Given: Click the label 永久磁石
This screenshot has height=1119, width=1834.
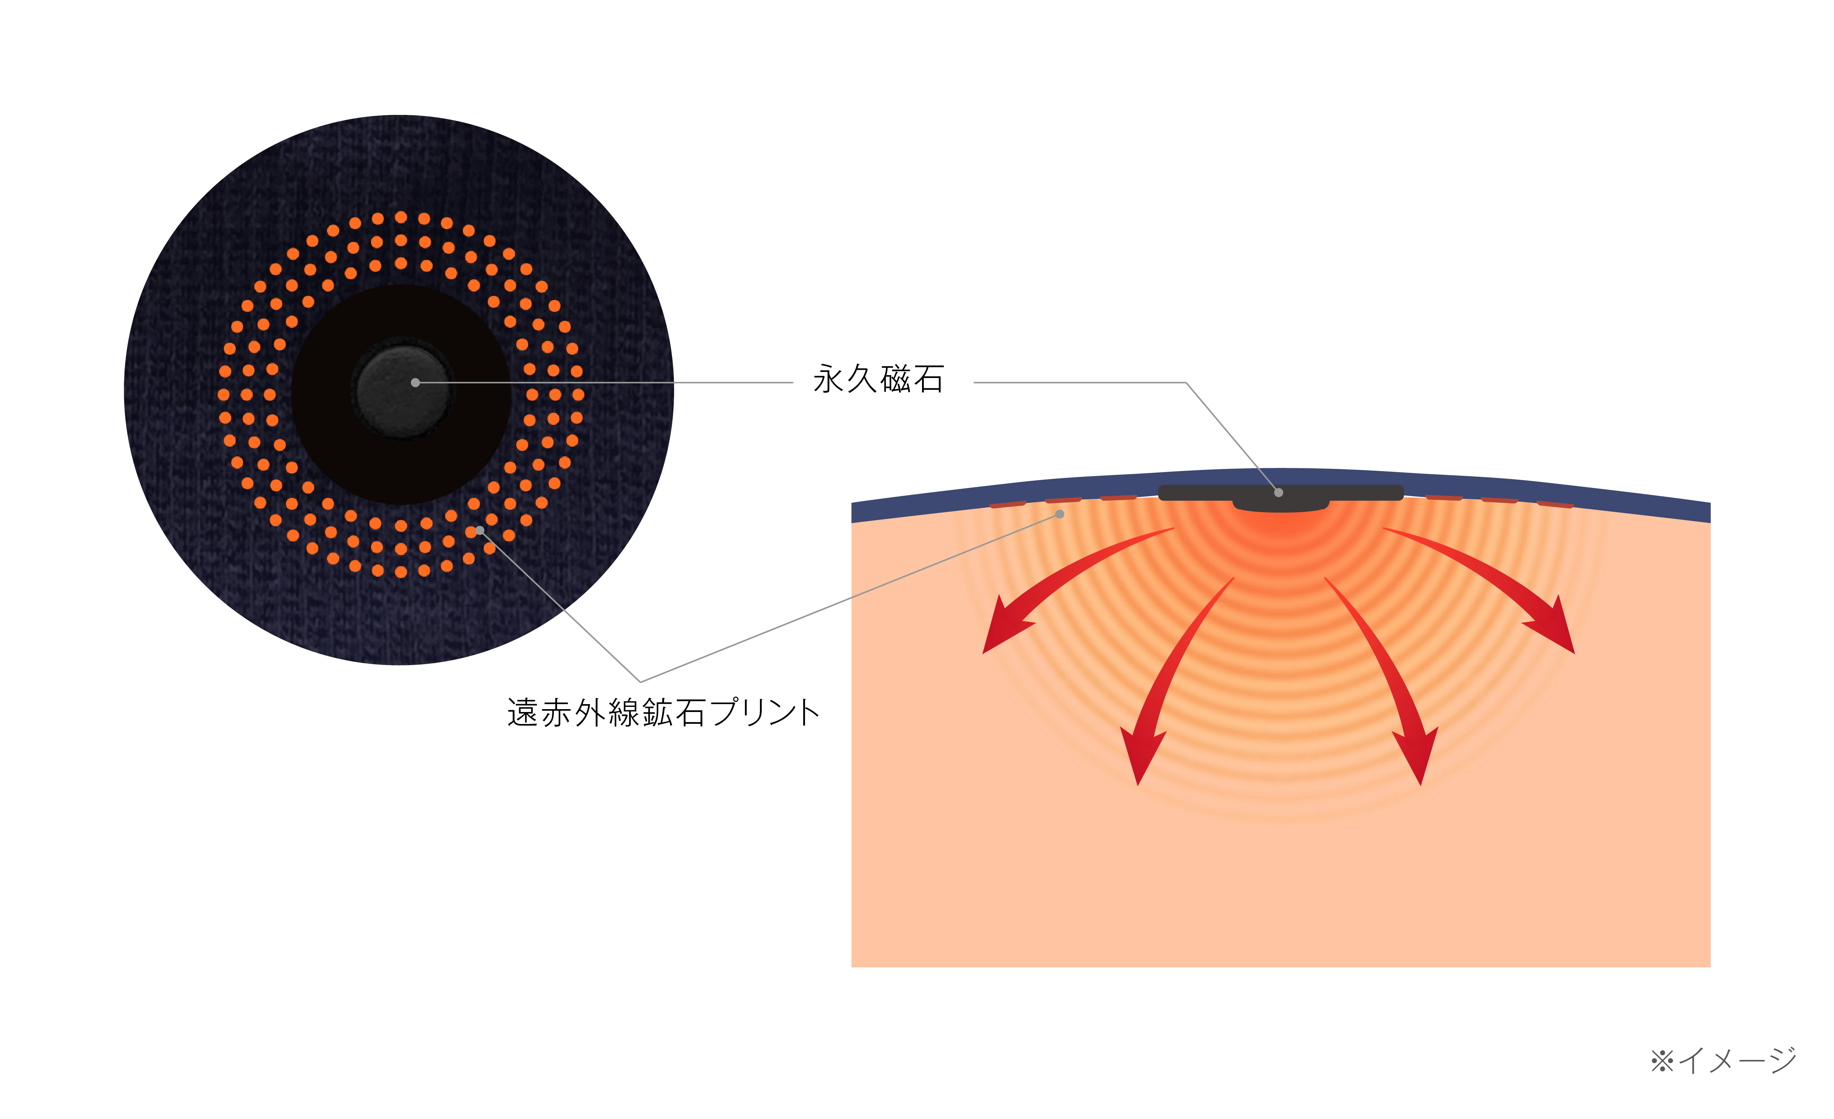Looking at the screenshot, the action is point(878,379).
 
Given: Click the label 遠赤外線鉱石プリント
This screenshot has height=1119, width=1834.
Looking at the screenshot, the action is point(663,712).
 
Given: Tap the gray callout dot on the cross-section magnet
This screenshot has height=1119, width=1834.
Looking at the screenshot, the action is point(1279,492).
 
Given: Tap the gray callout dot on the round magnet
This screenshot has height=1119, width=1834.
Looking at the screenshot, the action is point(415,383).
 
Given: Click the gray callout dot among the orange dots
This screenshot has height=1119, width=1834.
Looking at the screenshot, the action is point(480,530).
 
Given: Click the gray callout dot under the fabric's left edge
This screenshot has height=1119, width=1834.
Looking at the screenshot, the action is point(1060,514).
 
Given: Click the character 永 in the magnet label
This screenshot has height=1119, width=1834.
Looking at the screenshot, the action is point(828,379).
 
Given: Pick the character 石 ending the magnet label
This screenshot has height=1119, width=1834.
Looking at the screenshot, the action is point(929,379).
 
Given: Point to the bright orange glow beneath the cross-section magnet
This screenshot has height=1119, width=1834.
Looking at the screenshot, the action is point(1280,525).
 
